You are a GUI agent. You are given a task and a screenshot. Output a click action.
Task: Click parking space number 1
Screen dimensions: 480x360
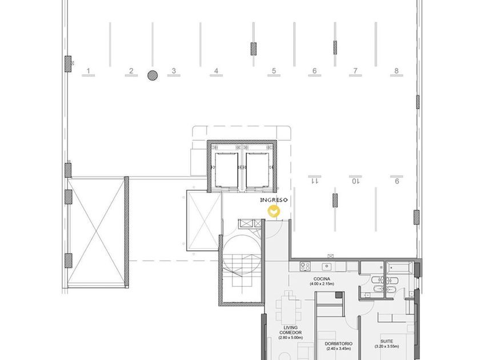point(88,71)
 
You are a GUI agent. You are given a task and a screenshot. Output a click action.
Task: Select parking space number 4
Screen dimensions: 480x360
point(216,71)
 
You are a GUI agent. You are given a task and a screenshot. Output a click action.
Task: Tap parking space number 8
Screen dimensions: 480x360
point(397,71)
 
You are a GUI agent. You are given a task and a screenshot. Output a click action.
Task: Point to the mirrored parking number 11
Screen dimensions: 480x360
point(314,181)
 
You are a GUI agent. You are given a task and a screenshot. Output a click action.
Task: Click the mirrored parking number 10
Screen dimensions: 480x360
point(355,181)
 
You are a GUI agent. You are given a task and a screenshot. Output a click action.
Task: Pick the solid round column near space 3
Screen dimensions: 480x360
point(153,75)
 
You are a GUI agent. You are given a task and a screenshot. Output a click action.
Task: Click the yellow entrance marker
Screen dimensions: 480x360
point(274,211)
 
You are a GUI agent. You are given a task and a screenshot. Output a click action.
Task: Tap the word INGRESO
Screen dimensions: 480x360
point(274,200)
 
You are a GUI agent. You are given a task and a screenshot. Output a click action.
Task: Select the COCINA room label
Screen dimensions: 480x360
point(322,279)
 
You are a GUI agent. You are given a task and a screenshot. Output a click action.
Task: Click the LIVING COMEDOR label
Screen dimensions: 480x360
point(290,330)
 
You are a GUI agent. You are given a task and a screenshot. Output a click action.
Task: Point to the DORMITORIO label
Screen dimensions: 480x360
point(338,344)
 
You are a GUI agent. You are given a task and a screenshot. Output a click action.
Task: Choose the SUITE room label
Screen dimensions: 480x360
point(387,341)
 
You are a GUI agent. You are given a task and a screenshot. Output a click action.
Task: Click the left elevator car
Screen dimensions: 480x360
point(226,170)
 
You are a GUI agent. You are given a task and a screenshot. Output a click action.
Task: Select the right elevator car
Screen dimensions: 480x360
point(258,170)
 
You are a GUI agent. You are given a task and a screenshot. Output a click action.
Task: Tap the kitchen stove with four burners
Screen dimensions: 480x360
point(305,266)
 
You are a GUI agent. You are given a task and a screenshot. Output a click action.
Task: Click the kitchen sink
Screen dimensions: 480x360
point(327,267)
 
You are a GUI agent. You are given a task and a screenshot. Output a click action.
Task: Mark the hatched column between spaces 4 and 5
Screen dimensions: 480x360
point(254,49)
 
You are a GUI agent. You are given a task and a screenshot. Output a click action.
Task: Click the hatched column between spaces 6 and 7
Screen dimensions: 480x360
point(335,47)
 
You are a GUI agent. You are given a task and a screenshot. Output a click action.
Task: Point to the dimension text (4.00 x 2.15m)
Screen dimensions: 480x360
point(322,284)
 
